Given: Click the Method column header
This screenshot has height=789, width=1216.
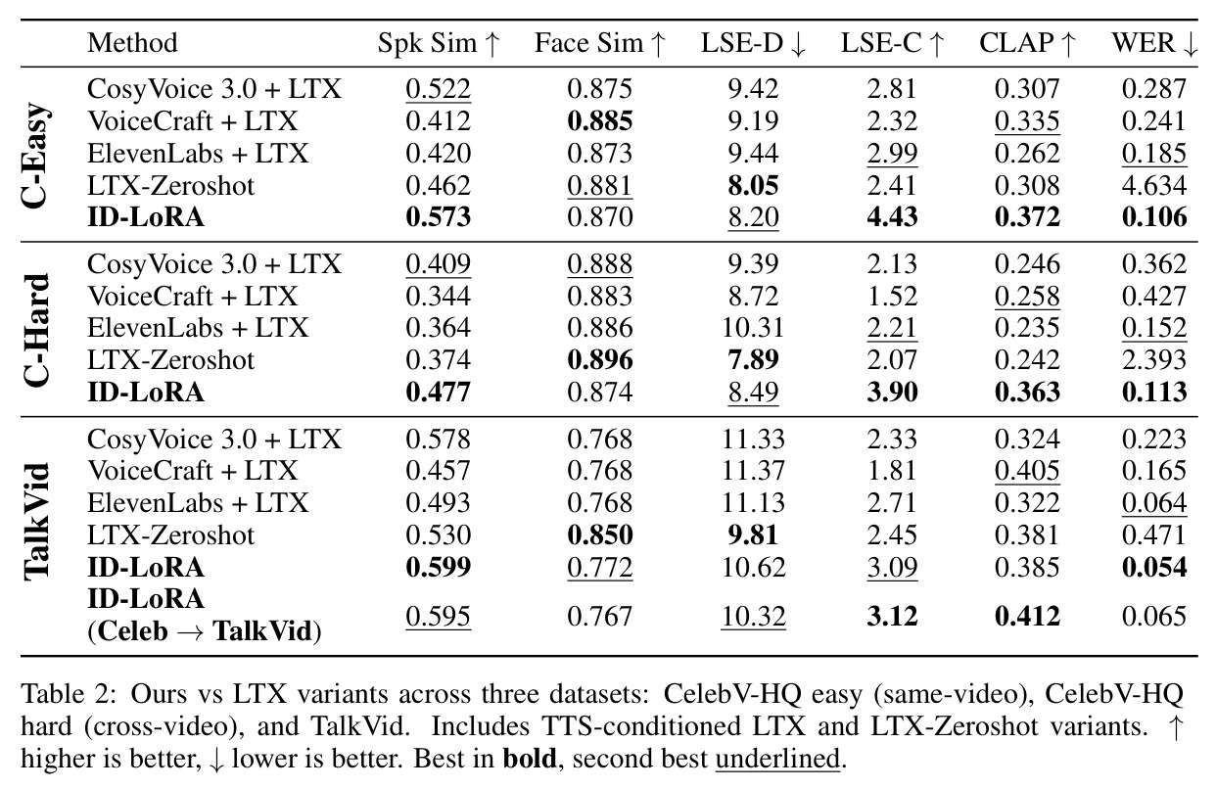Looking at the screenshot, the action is pyautogui.click(x=132, y=43).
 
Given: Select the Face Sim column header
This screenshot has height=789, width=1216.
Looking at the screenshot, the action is pyautogui.click(x=600, y=43).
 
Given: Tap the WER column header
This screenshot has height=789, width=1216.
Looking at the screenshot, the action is pyautogui.click(x=1154, y=43).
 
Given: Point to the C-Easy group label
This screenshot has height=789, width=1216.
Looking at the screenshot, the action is pyautogui.click(x=36, y=155).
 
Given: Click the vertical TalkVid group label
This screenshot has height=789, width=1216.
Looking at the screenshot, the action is pyautogui.click(x=36, y=522).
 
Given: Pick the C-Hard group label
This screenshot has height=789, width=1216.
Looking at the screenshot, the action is pyautogui.click(x=36, y=330).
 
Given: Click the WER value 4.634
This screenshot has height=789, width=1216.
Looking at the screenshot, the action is pyautogui.click(x=1154, y=186).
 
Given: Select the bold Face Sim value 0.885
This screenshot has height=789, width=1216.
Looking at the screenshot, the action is pyautogui.click(x=600, y=121).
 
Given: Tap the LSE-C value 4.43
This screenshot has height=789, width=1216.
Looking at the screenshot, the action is pyautogui.click(x=892, y=216).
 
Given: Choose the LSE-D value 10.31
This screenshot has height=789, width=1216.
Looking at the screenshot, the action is pyautogui.click(x=753, y=328).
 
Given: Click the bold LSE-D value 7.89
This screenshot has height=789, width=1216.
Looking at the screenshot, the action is pyautogui.click(x=753, y=360).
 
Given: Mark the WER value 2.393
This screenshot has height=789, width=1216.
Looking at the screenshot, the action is pyautogui.click(x=1154, y=360).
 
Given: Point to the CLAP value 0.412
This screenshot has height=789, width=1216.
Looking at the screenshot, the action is pyautogui.click(x=1027, y=616).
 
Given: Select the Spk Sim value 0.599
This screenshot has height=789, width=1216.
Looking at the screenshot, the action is pyautogui.click(x=438, y=567).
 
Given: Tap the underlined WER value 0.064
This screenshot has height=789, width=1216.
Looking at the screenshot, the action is pyautogui.click(x=1154, y=502).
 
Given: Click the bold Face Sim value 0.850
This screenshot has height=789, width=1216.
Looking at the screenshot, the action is pyautogui.click(x=600, y=535).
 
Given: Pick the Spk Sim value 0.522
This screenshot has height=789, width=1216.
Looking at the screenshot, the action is pyautogui.click(x=438, y=89).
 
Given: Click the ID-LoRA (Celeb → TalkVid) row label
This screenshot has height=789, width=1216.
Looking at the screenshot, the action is pyautogui.click(x=205, y=615).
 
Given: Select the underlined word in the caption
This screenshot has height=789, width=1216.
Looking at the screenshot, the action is pyautogui.click(x=778, y=759).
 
